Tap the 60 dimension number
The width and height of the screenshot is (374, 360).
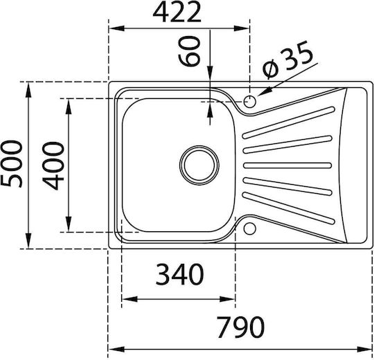click(x=188, y=51)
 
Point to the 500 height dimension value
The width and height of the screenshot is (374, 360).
click(x=12, y=164)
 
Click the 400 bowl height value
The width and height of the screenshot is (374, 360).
click(x=53, y=165)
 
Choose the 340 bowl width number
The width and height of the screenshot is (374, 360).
click(x=179, y=274)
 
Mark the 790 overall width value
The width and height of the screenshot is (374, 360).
click(x=240, y=327)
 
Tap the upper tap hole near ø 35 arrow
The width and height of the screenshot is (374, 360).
click(x=250, y=102)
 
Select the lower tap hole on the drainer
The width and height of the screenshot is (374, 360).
click(x=249, y=228)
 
